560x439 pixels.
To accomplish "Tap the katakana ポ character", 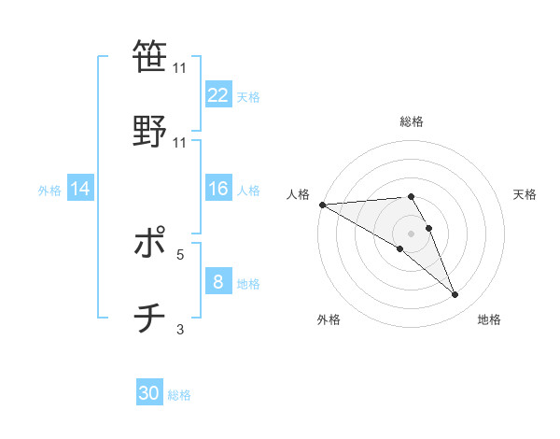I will pos(149,245).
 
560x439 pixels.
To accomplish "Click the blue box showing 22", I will pos(218,95).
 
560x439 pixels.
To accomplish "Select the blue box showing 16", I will pos(218,190).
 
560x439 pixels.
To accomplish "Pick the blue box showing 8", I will pos(218,282).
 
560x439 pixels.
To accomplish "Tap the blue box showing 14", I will pos(80,190).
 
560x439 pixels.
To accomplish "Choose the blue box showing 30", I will pos(149,393).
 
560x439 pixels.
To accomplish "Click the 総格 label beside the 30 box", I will pos(179,395).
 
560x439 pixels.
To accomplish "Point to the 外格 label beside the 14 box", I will pos(49,191).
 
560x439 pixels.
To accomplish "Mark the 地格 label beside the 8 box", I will pos(248,284).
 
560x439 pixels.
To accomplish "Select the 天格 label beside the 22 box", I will pos(248,96).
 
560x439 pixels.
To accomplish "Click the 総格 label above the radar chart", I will pos(412,121).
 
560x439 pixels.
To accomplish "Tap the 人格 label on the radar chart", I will pos(298,194).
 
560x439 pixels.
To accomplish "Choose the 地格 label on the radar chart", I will pos(489,319).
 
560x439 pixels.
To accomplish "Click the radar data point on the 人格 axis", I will pos(322,205).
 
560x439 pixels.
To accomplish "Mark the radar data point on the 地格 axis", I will pos(455,295).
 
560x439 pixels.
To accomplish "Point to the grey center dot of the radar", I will pos(412,233).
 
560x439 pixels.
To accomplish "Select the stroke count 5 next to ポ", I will pos(180,253).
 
